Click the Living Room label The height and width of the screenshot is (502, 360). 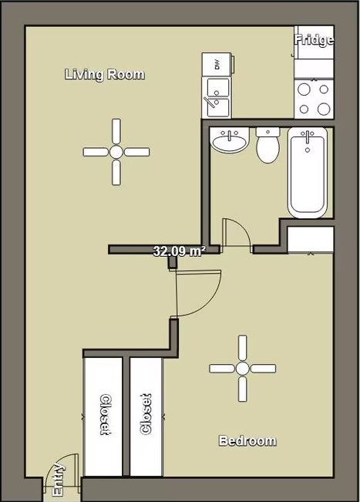coord(104,75)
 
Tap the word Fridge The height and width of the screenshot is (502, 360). coord(315,40)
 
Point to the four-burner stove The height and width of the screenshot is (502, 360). coord(314,98)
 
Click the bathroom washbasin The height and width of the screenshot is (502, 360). coord(228,142)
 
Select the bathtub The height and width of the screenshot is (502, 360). coord(308,172)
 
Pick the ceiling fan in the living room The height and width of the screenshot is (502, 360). coord(116,151)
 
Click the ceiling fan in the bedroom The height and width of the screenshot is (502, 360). coord(242,368)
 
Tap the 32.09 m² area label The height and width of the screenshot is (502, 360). coord(177,251)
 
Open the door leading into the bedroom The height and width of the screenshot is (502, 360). coord(196,293)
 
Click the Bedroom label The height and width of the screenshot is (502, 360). coord(247,441)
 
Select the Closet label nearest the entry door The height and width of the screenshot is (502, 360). coord(104,415)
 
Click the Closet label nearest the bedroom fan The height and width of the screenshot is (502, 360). coord(146,415)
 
